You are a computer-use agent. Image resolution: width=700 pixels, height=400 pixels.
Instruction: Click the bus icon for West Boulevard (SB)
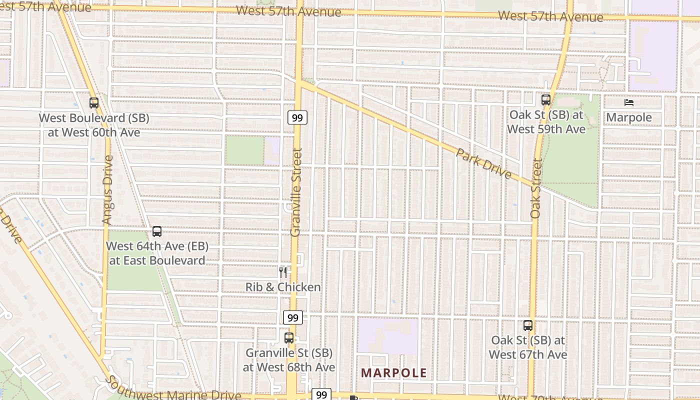point(94,103)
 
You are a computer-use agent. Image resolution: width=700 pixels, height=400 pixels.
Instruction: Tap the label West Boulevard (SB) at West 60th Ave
point(94,125)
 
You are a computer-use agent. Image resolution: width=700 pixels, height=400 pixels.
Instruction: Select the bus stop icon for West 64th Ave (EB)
point(157,231)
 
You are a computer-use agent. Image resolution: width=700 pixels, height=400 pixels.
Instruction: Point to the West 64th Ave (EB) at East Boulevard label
point(157,253)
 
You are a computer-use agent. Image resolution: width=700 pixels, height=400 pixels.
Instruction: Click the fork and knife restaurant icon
point(283,272)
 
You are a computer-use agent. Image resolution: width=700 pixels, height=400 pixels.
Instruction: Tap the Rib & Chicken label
point(283,287)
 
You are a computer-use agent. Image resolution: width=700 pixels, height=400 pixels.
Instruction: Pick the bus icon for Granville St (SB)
point(289,337)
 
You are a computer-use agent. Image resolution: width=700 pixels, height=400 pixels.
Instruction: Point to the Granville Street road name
point(296,192)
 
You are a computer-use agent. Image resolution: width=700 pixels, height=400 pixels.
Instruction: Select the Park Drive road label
point(484,163)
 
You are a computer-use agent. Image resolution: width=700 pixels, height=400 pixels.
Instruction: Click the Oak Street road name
point(536,188)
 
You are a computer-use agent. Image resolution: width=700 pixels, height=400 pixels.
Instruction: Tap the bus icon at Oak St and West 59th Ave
point(546,100)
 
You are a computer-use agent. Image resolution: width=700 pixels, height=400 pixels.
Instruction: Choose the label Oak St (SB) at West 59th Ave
point(546,122)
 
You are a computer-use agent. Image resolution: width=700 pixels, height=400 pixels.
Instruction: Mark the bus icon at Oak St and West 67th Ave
point(528,325)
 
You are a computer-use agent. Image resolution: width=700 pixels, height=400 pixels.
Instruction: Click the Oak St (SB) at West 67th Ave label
point(528,347)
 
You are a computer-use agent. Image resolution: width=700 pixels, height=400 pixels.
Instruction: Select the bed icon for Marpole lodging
point(629,102)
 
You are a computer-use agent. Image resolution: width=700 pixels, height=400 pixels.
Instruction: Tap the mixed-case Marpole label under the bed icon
point(629,117)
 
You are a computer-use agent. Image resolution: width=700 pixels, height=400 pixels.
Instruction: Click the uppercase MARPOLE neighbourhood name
point(394,373)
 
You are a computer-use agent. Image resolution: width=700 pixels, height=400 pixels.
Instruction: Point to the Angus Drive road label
point(107,189)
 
